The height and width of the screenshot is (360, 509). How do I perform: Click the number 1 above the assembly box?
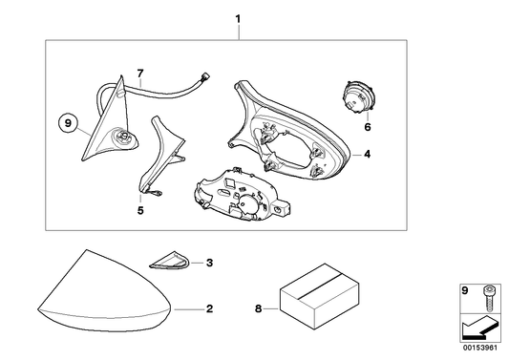238,19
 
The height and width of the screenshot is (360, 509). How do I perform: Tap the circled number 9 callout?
68,123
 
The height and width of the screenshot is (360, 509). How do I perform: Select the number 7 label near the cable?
140,74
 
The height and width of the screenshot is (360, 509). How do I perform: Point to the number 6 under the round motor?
367,127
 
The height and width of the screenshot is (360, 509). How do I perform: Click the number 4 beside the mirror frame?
367,154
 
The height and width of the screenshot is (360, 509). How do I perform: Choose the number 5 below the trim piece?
140,210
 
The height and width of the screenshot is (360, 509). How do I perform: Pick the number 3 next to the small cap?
209,263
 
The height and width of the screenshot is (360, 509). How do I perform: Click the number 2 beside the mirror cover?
209,308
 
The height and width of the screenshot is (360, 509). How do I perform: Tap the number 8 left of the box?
258,308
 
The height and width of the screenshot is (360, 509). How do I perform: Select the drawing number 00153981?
480,348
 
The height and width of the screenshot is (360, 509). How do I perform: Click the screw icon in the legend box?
488,298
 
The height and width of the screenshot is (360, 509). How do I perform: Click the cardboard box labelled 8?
320,296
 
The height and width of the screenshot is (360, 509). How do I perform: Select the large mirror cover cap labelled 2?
104,290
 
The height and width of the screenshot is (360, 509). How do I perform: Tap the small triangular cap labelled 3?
169,261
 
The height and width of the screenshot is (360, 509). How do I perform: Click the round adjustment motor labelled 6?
358,96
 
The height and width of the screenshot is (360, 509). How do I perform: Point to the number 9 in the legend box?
465,290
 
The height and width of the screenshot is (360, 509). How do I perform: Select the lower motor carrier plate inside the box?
241,195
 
